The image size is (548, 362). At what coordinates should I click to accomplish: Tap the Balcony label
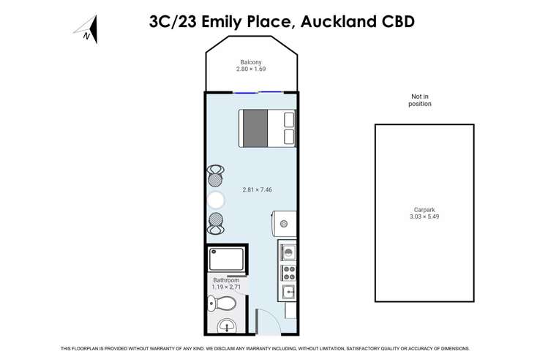251,62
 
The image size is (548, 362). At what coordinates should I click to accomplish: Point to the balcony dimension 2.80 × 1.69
251,69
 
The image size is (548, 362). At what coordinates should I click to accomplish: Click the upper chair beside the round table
215,176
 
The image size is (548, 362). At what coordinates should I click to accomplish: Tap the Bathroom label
226,280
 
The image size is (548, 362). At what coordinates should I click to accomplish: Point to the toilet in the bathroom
228,302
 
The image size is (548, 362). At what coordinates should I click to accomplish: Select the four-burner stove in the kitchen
288,273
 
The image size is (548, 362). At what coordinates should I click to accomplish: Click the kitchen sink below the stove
288,293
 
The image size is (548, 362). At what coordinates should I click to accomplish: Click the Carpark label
420,209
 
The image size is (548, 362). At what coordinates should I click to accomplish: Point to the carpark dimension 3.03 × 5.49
420,217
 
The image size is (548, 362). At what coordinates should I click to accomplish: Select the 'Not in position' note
420,100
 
